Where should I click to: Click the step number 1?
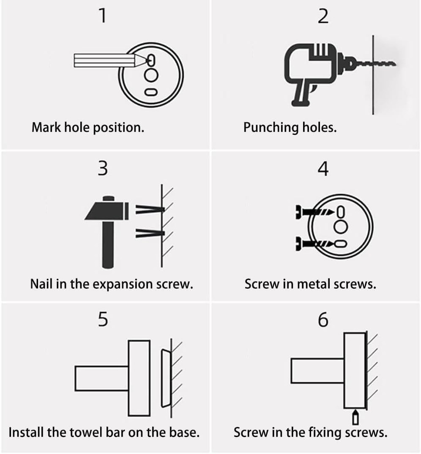(102, 16)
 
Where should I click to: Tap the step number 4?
(324, 169)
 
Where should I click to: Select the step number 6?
(324, 320)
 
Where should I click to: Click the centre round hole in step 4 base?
(340, 227)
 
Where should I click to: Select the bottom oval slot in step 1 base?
(151, 92)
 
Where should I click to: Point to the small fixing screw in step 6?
(355, 417)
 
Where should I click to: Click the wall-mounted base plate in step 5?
(165, 378)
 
